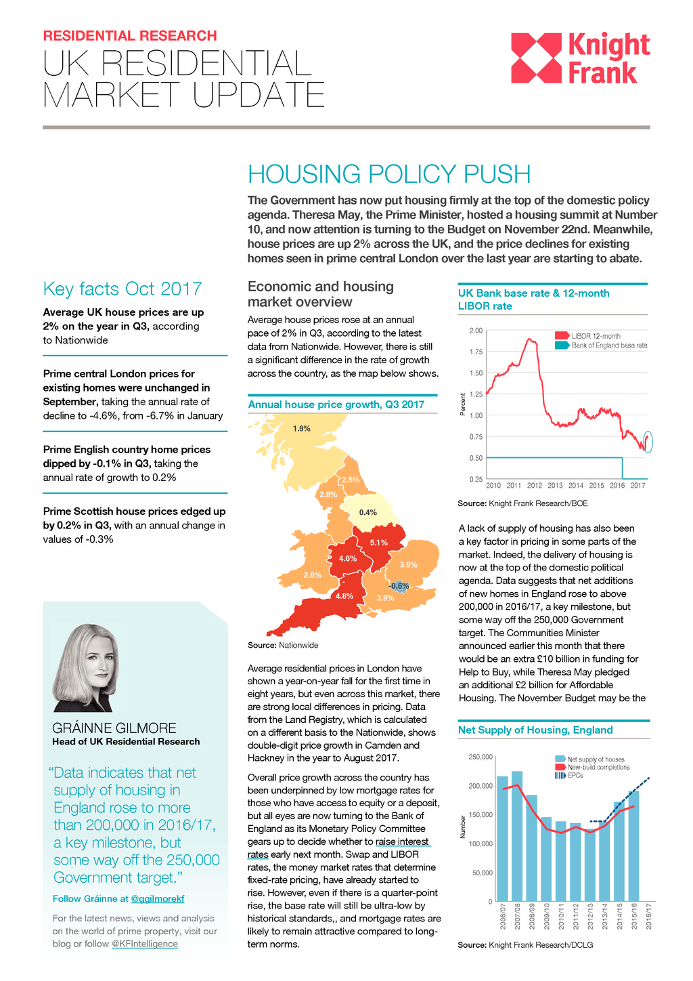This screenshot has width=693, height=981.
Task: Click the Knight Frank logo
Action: tap(580, 58)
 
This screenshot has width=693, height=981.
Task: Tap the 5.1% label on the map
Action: tap(378, 543)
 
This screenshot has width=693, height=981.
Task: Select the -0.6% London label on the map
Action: tap(399, 586)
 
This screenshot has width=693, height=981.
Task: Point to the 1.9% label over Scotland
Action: tap(301, 429)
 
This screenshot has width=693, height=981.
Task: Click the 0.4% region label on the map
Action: tap(367, 513)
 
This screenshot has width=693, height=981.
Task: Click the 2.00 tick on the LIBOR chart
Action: tap(476, 331)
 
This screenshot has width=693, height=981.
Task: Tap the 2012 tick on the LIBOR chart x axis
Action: tap(535, 485)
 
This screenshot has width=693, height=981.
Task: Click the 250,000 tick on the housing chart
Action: tap(480, 757)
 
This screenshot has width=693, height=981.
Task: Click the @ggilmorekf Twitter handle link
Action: tap(157, 898)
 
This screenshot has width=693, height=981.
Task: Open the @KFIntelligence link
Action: tap(145, 944)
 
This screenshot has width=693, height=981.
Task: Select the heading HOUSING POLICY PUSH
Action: tap(389, 174)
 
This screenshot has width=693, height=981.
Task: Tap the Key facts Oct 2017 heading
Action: tap(122, 289)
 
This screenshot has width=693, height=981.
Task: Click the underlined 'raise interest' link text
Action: tap(402, 841)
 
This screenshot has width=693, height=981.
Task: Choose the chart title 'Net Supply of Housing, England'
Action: tap(535, 730)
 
